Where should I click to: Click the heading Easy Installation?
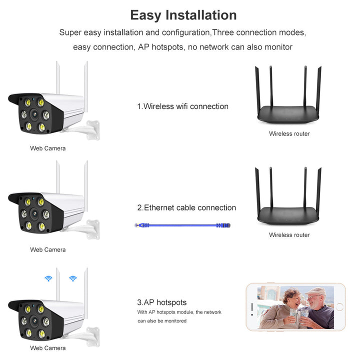coord(183,15)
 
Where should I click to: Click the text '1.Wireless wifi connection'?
coord(182,106)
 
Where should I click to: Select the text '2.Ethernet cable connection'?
coord(186,208)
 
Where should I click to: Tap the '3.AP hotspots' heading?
coord(162,302)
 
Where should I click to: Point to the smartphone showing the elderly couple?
coord(295,306)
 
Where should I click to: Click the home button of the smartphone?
coord(339,306)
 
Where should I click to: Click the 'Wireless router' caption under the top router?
coord(289,134)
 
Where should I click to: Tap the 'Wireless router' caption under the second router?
coord(289,235)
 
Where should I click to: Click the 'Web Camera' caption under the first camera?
coord(47,148)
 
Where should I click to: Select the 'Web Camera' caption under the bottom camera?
coord(47,348)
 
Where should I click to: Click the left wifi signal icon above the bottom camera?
coord(48,278)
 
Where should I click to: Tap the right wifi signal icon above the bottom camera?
coord(73,278)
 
